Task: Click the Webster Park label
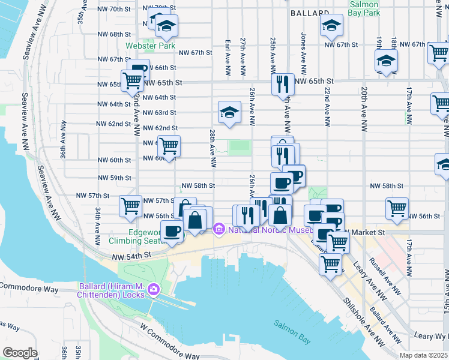[150, 46]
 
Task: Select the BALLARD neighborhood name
[310, 13]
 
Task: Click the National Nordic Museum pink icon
[218, 228]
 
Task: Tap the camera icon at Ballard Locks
[154, 289]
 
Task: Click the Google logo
[20, 353]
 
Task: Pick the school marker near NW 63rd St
[229, 112]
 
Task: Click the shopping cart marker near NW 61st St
[169, 145]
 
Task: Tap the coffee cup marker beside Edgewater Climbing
[173, 231]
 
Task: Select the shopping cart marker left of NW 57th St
[130, 206]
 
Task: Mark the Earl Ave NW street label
[228, 58]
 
